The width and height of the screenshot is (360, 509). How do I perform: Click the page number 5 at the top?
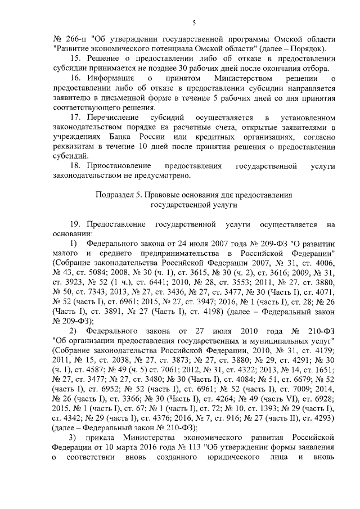193,22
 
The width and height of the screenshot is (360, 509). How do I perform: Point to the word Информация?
112,78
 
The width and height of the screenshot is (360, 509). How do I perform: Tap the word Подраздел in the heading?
114,196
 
